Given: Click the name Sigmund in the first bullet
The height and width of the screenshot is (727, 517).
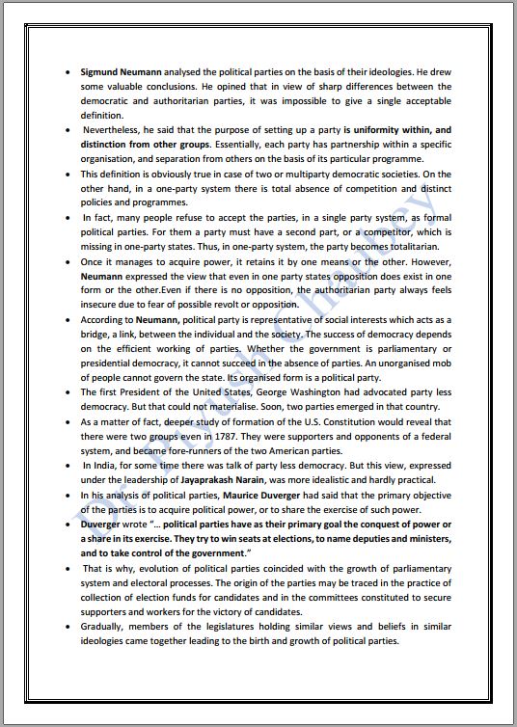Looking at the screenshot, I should point(101,72).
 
